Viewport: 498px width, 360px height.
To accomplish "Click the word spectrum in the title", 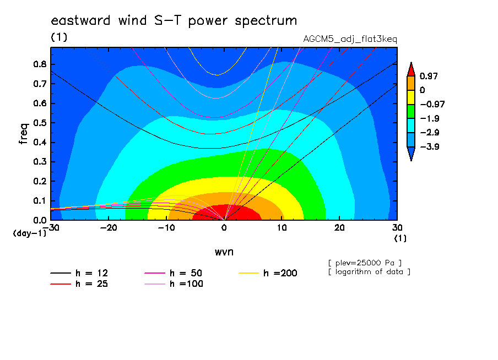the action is point(266,21).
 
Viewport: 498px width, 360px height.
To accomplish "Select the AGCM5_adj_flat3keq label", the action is point(350,39).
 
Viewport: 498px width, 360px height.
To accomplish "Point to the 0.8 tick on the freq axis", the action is point(40,64).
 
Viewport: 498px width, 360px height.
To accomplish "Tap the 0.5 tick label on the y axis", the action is point(40,123).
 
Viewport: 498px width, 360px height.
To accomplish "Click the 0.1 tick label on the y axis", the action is point(40,201).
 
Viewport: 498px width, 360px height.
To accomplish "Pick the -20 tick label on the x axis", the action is point(109,228).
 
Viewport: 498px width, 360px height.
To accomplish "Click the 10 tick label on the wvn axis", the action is point(282,228).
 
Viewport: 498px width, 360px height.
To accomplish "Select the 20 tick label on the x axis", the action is point(339,228).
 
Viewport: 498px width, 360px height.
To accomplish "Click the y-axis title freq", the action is point(23,134).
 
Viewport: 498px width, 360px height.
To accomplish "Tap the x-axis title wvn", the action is point(224,252).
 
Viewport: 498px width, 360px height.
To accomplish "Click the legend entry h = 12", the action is point(79,273).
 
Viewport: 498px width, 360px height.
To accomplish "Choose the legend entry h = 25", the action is point(79,284).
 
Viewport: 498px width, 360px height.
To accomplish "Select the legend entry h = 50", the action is point(174,273).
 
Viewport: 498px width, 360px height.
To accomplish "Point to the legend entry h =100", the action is point(174,284).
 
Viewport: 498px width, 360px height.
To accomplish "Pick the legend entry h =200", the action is point(268,273).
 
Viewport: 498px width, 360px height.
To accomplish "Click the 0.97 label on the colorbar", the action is point(429,76).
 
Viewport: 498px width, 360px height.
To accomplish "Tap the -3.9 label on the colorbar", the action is point(430,146).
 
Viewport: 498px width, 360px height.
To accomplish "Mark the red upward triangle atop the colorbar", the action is point(411,69).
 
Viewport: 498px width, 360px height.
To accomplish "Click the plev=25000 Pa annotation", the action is point(365,263).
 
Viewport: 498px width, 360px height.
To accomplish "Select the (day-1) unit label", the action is point(30,233).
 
